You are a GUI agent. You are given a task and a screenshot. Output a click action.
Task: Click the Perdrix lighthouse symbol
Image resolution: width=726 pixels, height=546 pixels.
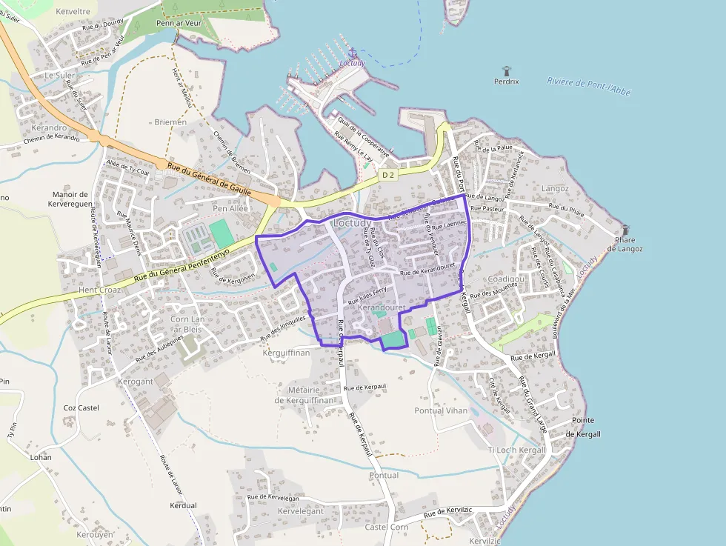point(507,70)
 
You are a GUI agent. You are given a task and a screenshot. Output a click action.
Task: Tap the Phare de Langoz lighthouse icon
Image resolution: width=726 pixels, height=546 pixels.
point(626,230)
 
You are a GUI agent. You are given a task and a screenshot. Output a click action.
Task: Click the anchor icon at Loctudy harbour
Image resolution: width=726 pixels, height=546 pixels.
point(353,53)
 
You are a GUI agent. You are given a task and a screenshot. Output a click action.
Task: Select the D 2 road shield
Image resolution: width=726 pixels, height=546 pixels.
point(387,175)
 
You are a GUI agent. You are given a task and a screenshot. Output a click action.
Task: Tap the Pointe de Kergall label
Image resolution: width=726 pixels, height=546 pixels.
point(582,427)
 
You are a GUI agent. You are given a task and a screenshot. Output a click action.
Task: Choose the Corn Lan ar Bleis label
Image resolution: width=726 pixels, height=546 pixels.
point(186,324)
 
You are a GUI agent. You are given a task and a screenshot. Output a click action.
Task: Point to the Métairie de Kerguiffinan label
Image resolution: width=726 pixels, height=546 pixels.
point(307,395)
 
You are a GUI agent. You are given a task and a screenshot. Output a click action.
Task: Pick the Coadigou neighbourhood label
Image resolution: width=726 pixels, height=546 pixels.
point(507,279)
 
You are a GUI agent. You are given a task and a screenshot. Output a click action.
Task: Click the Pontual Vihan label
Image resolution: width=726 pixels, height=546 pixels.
point(441,410)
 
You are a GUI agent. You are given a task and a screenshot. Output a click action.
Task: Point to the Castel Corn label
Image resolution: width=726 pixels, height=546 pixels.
point(386,527)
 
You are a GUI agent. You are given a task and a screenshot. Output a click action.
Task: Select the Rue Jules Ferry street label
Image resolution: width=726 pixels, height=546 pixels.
point(367,297)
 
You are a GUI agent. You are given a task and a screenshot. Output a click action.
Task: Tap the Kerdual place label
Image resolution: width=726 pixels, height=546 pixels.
point(182,505)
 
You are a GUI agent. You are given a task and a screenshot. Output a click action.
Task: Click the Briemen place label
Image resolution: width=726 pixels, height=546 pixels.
point(170,121)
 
